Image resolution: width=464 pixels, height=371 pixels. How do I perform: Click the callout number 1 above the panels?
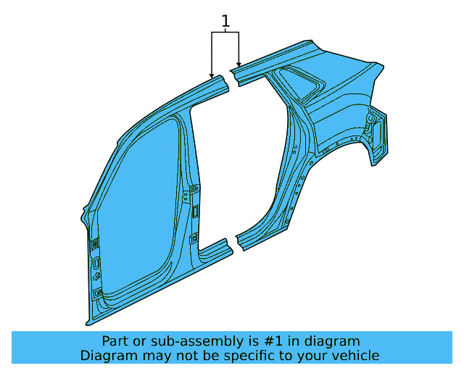click(x=225, y=21)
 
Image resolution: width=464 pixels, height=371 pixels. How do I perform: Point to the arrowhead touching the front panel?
click(x=212, y=75)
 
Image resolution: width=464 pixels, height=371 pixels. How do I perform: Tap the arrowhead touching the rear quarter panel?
click(x=239, y=64)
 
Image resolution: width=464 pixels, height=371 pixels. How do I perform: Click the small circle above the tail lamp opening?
click(x=370, y=119)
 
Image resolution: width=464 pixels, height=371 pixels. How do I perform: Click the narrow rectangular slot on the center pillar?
click(x=196, y=212)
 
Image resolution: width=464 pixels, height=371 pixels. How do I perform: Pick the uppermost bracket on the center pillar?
click(x=195, y=188)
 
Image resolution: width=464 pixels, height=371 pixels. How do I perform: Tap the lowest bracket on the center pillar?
click(x=194, y=238)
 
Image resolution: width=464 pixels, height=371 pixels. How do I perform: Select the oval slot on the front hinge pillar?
click(x=96, y=263)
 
